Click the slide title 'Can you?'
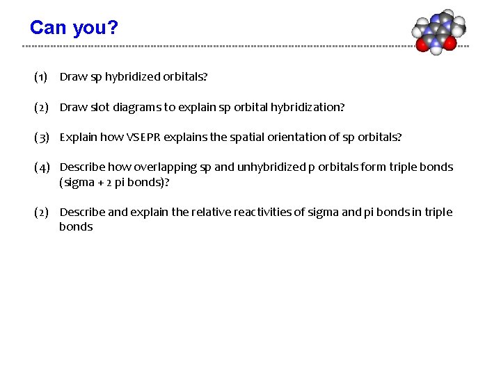coord(74,28)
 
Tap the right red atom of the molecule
coord(450,44)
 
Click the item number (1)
coord(41,77)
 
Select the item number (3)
coord(41,137)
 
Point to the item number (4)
coord(41,167)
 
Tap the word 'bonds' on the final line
coord(76,227)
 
